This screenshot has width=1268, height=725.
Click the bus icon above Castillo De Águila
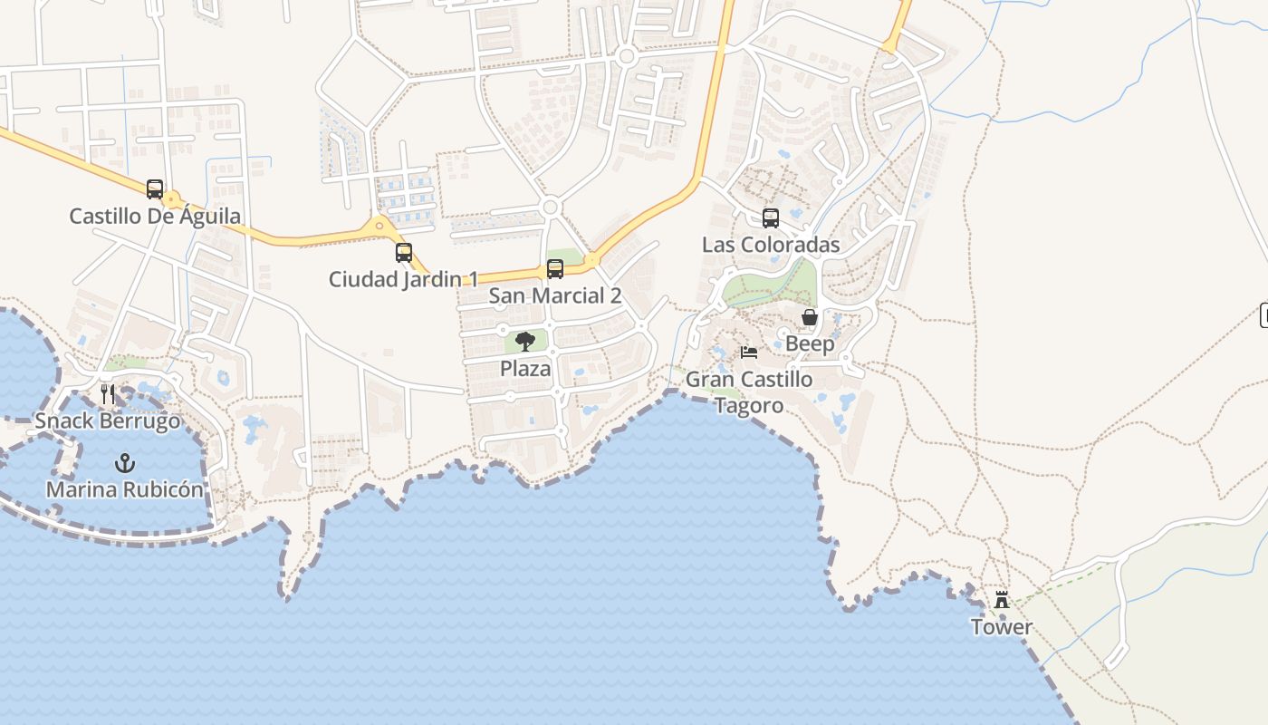coord(155,189)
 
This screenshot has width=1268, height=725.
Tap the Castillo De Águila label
coord(155,216)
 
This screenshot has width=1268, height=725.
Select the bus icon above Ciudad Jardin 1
coord(404,253)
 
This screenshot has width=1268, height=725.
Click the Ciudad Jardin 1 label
coord(403,279)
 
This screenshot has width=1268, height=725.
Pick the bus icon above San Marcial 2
coord(555,269)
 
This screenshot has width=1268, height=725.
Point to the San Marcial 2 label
coord(555,295)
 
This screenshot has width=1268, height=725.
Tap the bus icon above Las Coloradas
coord(771,218)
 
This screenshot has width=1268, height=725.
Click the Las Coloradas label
coord(771,245)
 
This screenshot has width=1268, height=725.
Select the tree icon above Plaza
coord(525,342)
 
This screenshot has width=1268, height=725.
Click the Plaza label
coord(525,369)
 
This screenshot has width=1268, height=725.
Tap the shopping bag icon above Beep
coord(810,317)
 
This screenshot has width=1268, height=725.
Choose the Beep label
coord(810,344)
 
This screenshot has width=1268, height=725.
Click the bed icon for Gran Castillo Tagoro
coord(748,353)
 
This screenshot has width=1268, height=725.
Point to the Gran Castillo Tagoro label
coord(749,391)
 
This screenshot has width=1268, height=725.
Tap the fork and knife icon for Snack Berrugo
coord(108,394)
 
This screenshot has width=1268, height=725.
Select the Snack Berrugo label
coord(108,421)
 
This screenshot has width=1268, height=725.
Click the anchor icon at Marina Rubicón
coord(125,463)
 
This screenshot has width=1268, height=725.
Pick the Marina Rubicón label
coord(125,490)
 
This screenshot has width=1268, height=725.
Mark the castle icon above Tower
coord(1002,600)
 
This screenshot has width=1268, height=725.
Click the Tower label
coord(1002,627)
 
